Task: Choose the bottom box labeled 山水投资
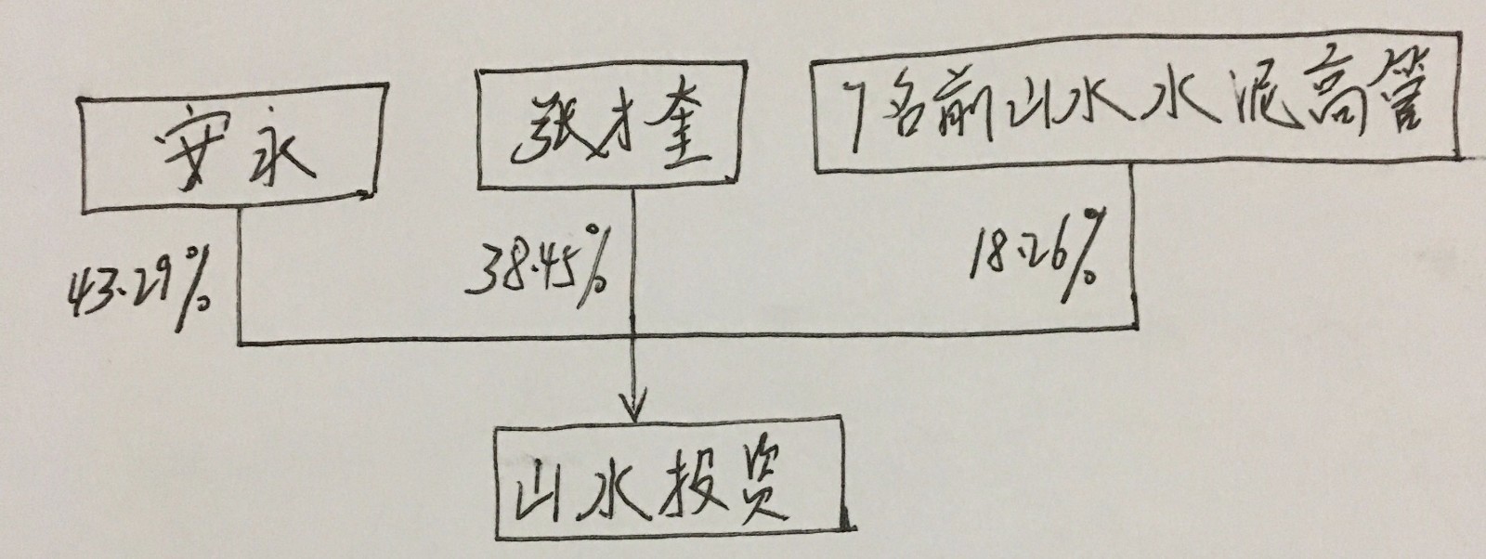pyautogui.click(x=671, y=484)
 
